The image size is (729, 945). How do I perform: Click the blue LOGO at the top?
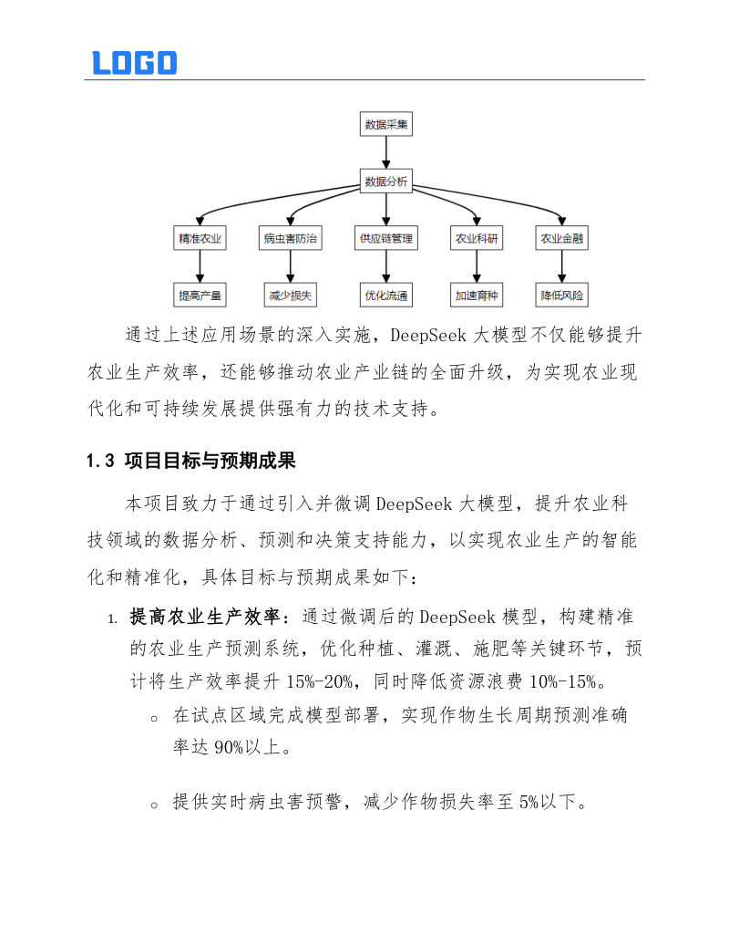[x=134, y=62]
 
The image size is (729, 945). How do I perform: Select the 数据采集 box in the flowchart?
[x=385, y=124]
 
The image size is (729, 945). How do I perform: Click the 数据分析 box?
[x=385, y=182]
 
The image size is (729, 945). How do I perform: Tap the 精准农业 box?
[x=200, y=239]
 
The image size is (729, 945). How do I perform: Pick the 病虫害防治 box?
[x=290, y=239]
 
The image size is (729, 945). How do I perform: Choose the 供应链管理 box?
[x=385, y=239]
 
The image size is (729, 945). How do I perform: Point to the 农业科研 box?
[x=477, y=239]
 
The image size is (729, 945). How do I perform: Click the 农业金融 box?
[x=562, y=239]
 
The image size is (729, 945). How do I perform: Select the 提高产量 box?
[x=200, y=296]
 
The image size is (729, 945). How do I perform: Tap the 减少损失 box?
[x=290, y=296]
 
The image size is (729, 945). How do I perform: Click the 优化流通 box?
[x=385, y=296]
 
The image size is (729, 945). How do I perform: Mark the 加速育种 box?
[x=477, y=296]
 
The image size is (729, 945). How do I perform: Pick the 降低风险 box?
[x=562, y=296]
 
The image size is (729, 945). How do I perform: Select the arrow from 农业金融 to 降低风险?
[x=562, y=267]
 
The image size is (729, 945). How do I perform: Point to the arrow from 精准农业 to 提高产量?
[x=200, y=267]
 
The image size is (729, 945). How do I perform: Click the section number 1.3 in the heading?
[x=99, y=462]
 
